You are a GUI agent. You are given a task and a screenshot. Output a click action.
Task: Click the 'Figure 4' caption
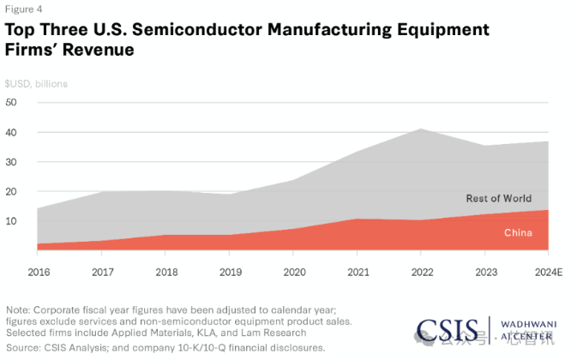[23, 9]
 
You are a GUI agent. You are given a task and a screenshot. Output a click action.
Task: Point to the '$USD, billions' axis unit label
[36, 83]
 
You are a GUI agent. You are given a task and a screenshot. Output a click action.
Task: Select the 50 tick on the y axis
[11, 102]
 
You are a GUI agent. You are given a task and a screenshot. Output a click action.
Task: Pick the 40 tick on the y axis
[11, 132]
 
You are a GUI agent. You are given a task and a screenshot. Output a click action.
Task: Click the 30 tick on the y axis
[11, 161]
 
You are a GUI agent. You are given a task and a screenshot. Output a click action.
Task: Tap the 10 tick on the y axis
[11, 220]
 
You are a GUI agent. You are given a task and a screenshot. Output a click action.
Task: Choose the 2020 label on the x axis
[292, 272]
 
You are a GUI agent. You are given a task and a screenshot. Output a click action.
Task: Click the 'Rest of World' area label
[498, 198]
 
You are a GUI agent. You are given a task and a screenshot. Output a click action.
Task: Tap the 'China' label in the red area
[519, 232]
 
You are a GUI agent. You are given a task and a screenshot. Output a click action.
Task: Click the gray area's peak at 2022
[419, 130]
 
